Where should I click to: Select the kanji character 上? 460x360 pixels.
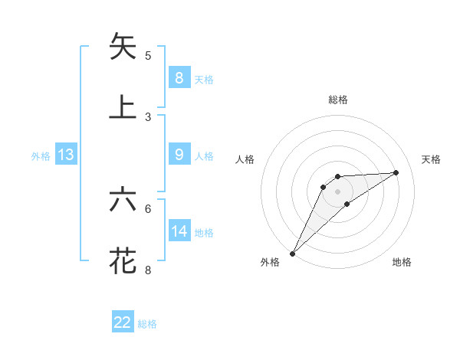click(123, 107)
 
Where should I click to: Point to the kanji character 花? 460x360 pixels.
click(123, 260)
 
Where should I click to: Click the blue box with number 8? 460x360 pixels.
click(179, 77)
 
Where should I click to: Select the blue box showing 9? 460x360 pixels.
click(179, 155)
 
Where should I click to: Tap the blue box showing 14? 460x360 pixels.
click(179, 231)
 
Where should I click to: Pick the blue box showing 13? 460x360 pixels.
click(66, 155)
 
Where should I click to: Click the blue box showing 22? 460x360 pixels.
click(123, 322)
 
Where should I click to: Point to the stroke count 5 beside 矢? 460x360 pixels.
click(148, 55)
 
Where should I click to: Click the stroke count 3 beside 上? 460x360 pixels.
click(148, 116)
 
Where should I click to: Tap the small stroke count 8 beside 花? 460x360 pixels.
click(148, 270)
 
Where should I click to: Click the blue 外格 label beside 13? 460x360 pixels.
click(41, 156)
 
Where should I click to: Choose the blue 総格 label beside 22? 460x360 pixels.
click(147, 324)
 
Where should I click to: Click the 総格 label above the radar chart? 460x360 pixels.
click(337, 100)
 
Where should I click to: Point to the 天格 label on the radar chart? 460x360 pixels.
click(432, 159)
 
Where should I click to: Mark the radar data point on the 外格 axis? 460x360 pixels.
click(292, 253)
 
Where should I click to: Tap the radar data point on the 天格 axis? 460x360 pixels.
click(396, 172)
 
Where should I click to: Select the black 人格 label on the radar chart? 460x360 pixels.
click(245, 159)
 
